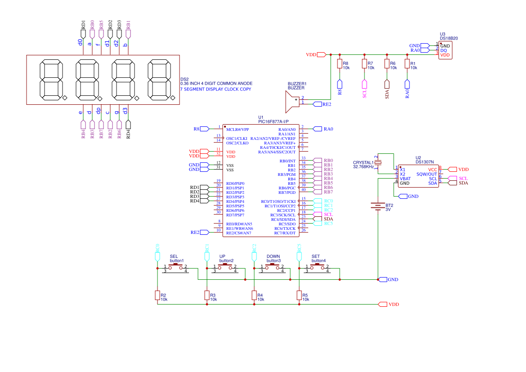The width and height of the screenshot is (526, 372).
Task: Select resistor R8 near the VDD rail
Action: tap(340, 64)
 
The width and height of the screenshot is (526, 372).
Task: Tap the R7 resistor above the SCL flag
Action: tap(364, 64)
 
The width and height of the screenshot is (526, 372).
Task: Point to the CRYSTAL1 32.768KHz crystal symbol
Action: tap(378, 162)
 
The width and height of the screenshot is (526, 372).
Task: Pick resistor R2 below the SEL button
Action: tap(157, 295)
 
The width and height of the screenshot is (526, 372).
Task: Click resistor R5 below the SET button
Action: tap(299, 295)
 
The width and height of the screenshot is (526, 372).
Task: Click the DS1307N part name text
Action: tap(425, 161)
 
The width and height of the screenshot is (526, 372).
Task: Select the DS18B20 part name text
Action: tap(449, 39)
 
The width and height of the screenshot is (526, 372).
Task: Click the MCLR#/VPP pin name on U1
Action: tap(238, 129)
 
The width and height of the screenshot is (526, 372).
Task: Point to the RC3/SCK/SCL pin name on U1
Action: tap(283, 215)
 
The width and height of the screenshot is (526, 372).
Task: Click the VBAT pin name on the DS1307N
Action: tap(405, 179)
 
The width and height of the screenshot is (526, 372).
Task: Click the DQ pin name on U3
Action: tap(443, 50)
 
